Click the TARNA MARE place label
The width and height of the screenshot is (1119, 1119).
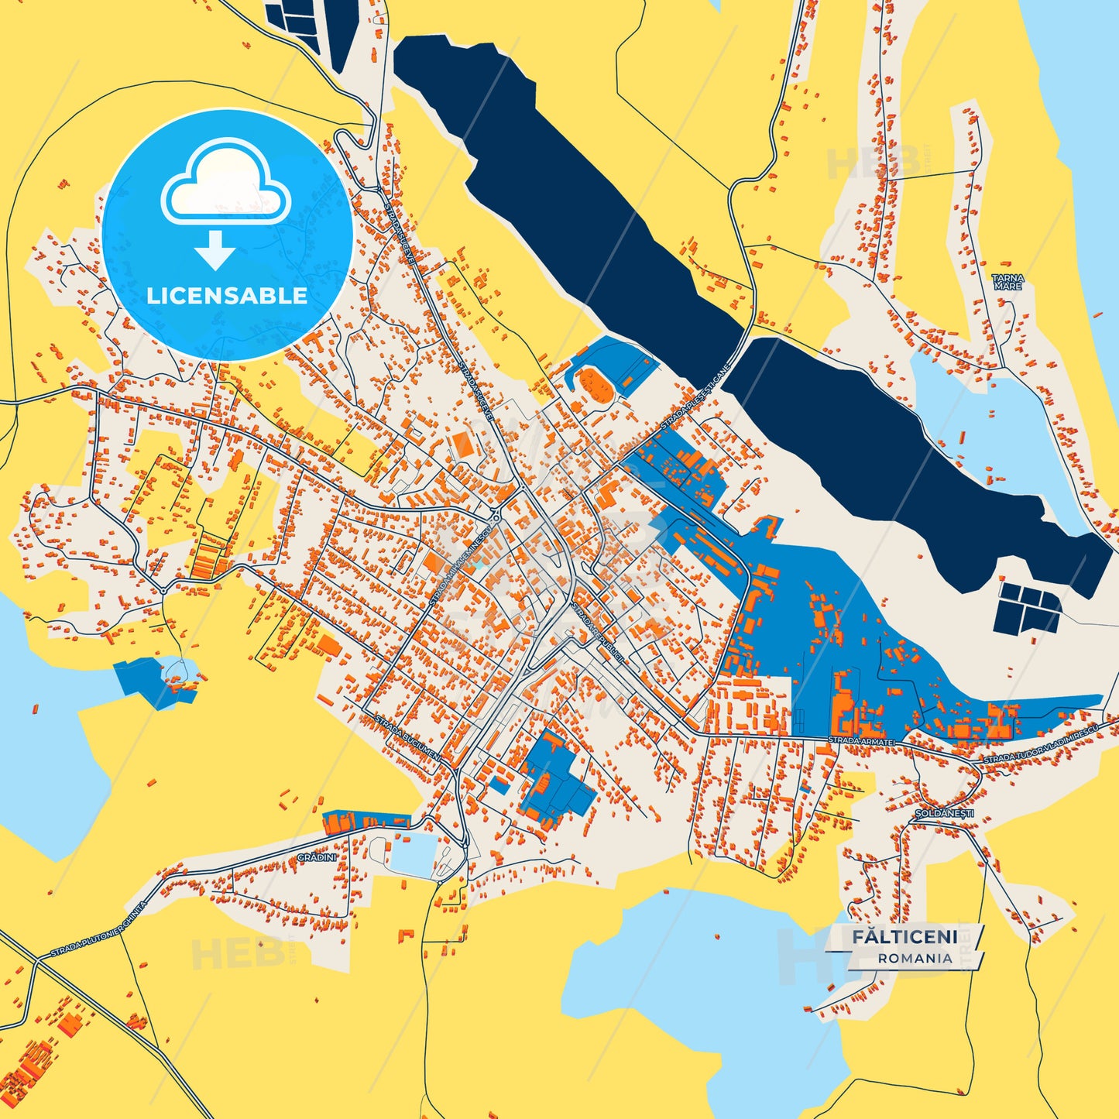1008,282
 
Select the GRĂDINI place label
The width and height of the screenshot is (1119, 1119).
317,857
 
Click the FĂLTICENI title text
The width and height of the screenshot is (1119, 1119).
904,937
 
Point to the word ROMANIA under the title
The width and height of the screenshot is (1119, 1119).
915,958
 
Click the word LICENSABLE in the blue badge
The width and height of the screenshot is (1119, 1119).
227,296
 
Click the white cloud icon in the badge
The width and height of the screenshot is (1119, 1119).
225,184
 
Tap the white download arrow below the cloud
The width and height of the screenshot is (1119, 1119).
215,249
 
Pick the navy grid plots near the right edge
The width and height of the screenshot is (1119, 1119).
1028,608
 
